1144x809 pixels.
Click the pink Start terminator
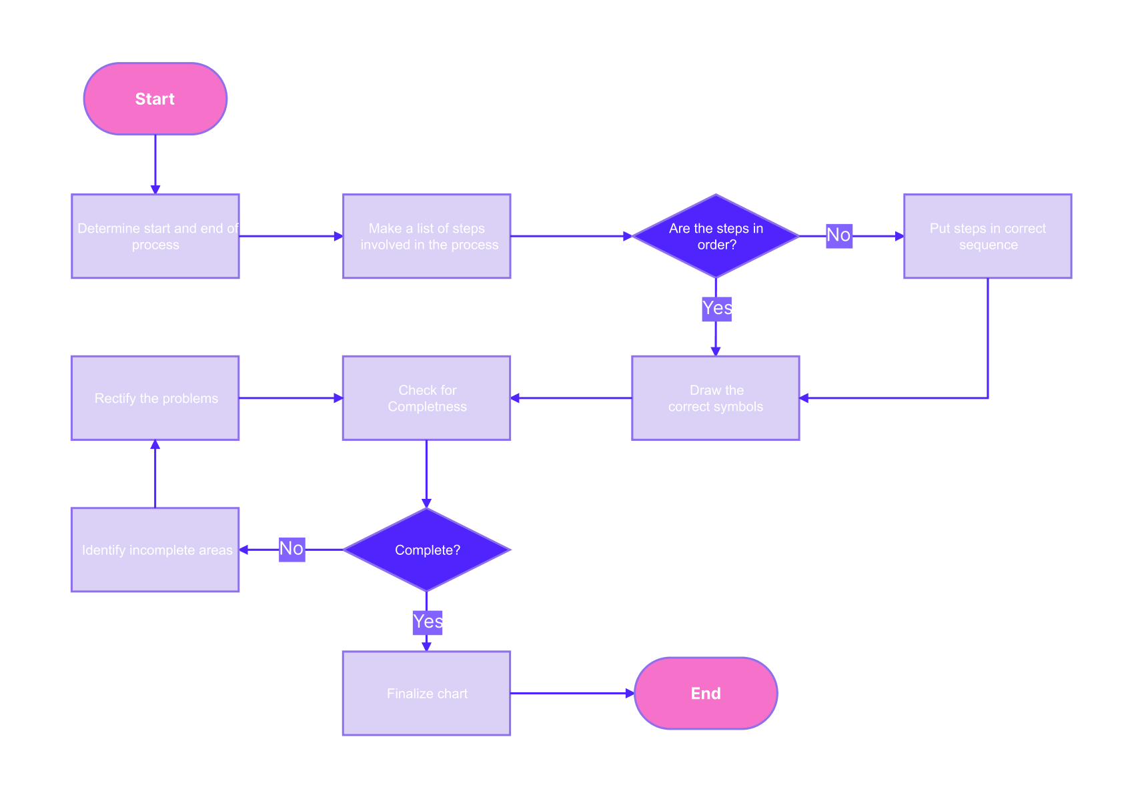[155, 99]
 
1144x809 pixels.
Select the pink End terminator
[706, 693]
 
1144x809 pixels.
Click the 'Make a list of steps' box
[427, 236]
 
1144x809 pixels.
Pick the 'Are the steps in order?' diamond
[716, 236]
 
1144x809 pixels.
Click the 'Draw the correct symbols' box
[715, 397]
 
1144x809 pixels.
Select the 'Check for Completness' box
[427, 397]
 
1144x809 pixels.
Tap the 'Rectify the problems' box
[155, 397]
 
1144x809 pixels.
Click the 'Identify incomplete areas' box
[155, 550]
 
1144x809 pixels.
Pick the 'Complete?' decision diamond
[427, 550]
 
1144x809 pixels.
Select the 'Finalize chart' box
[427, 693]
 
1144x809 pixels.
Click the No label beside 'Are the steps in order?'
[838, 235]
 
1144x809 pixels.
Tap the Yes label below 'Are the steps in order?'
[717, 309]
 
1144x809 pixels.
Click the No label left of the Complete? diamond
[292, 549]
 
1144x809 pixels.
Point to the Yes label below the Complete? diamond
[428, 622]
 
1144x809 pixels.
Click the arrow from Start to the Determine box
[155, 163]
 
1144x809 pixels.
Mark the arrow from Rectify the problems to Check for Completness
[291, 398]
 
